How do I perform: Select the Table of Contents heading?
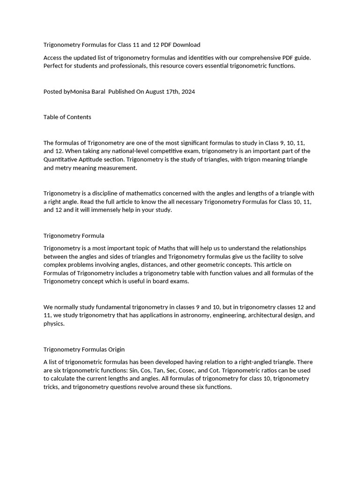[x=67, y=117]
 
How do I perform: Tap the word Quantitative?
[x=62, y=159]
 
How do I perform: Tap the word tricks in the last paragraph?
[x=52, y=387]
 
